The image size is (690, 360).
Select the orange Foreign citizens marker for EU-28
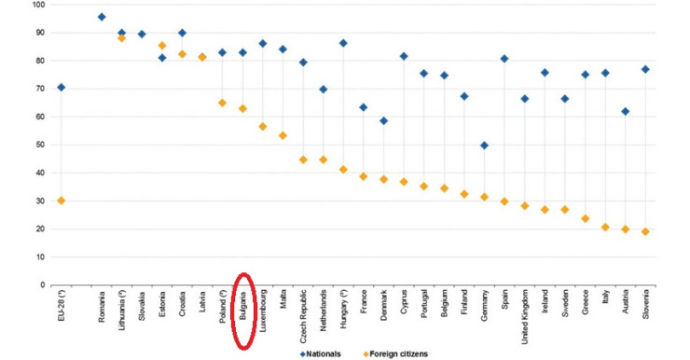click(x=62, y=200)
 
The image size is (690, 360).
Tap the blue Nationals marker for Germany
click(x=484, y=145)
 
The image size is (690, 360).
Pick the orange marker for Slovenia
click(x=644, y=231)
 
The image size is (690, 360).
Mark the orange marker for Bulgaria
click(x=242, y=108)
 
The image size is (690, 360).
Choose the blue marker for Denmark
click(x=383, y=120)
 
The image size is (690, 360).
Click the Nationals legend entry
click(x=325, y=353)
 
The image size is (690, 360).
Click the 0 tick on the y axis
click(x=42, y=284)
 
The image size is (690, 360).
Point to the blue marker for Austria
click(x=625, y=111)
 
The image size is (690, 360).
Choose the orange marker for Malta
click(x=283, y=135)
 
